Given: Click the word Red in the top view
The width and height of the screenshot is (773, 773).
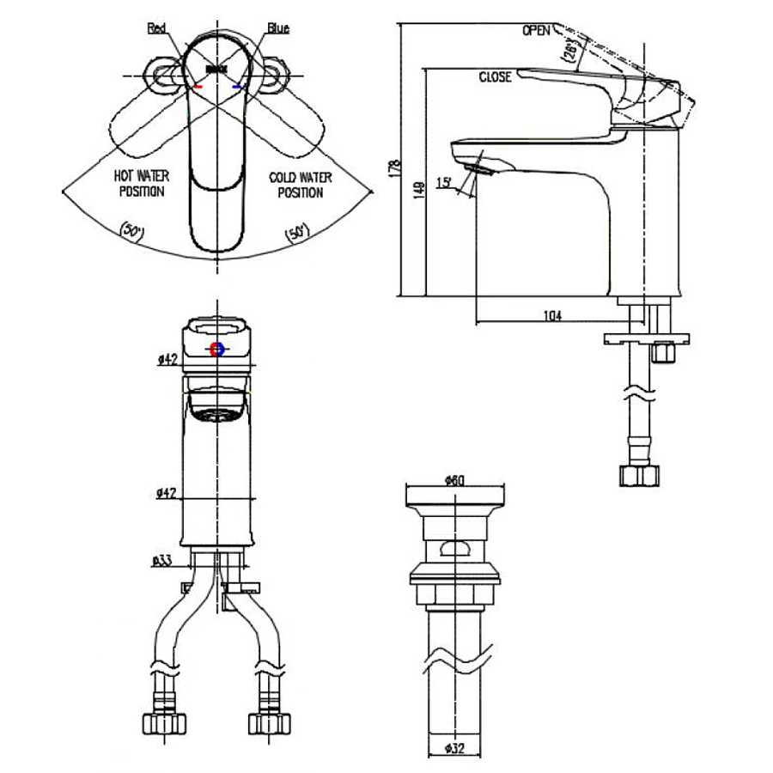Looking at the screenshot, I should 157,28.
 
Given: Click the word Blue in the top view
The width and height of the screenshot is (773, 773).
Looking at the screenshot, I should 277,28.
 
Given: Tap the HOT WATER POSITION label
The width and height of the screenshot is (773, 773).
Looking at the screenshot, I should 142,184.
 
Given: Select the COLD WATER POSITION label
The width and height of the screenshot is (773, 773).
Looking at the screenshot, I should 300,185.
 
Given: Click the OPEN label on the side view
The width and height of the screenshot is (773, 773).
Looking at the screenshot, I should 535,31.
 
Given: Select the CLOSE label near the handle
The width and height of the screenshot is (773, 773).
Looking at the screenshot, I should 495,77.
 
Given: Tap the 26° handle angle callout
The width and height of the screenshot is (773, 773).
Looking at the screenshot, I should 569,52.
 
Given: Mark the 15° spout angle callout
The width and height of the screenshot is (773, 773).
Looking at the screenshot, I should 444,182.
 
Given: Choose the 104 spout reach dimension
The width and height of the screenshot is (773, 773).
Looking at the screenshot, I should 552,316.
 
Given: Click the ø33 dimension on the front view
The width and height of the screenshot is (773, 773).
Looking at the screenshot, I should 162,561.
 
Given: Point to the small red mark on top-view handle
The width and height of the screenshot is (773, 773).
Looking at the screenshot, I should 198,87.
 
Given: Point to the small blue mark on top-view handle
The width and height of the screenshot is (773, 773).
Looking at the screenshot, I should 238,87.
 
